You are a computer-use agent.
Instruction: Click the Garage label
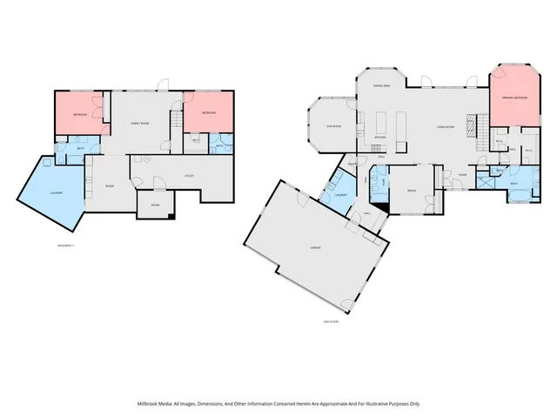[315, 248]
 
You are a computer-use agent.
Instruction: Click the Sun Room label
[333, 126]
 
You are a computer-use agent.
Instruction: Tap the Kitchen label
[380, 138]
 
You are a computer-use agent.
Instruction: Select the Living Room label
[448, 128]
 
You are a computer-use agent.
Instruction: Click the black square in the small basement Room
[172, 215]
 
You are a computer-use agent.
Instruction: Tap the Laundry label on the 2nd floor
[342, 195]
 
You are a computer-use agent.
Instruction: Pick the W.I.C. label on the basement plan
[196, 139]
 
